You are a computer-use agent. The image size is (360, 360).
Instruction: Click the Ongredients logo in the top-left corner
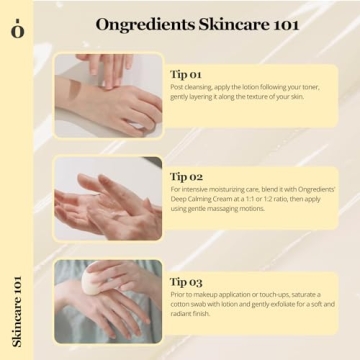pos(16,27)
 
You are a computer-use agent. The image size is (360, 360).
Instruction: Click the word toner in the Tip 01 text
pos(323,88)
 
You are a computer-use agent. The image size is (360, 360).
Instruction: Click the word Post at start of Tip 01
pos(178,88)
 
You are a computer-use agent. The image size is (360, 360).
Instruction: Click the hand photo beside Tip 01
pos(108,95)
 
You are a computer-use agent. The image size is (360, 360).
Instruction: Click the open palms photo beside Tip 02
pos(108,198)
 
